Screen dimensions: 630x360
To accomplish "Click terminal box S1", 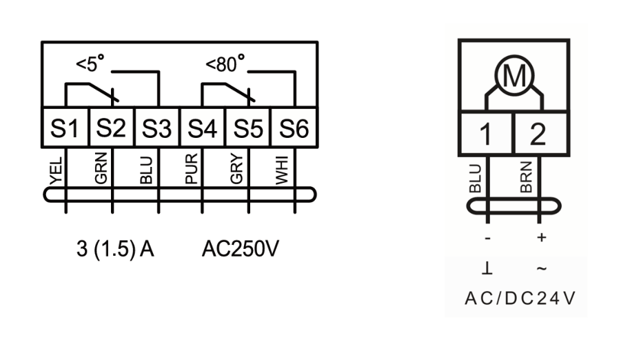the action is point(65,128).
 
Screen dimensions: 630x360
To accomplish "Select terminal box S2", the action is point(111,128).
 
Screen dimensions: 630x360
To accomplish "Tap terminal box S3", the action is point(156,128).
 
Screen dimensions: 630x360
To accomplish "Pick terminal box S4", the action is point(203,128).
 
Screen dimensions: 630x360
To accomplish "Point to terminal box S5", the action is point(248,128).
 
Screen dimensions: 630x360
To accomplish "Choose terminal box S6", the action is point(294,128).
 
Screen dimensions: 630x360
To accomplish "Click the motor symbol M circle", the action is point(514,75).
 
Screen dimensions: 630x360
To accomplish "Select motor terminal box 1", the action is point(486,133).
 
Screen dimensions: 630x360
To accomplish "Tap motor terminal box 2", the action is point(541,133).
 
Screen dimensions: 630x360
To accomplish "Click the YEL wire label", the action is point(57,171).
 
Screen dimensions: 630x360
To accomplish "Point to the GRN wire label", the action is point(101,168).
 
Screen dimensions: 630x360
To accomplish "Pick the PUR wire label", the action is point(192,169).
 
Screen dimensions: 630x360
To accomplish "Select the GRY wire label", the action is point(236,169).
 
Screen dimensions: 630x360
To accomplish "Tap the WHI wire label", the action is point(282,170).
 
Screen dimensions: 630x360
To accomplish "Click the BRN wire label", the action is point(526,177).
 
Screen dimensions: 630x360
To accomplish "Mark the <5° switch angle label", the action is point(90,63).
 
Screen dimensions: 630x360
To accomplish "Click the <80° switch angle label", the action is point(225,63).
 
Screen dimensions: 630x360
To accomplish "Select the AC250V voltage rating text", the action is point(241,249).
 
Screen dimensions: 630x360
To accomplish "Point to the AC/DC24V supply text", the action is point(520,299).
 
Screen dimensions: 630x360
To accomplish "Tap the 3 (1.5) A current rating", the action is point(115,249).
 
